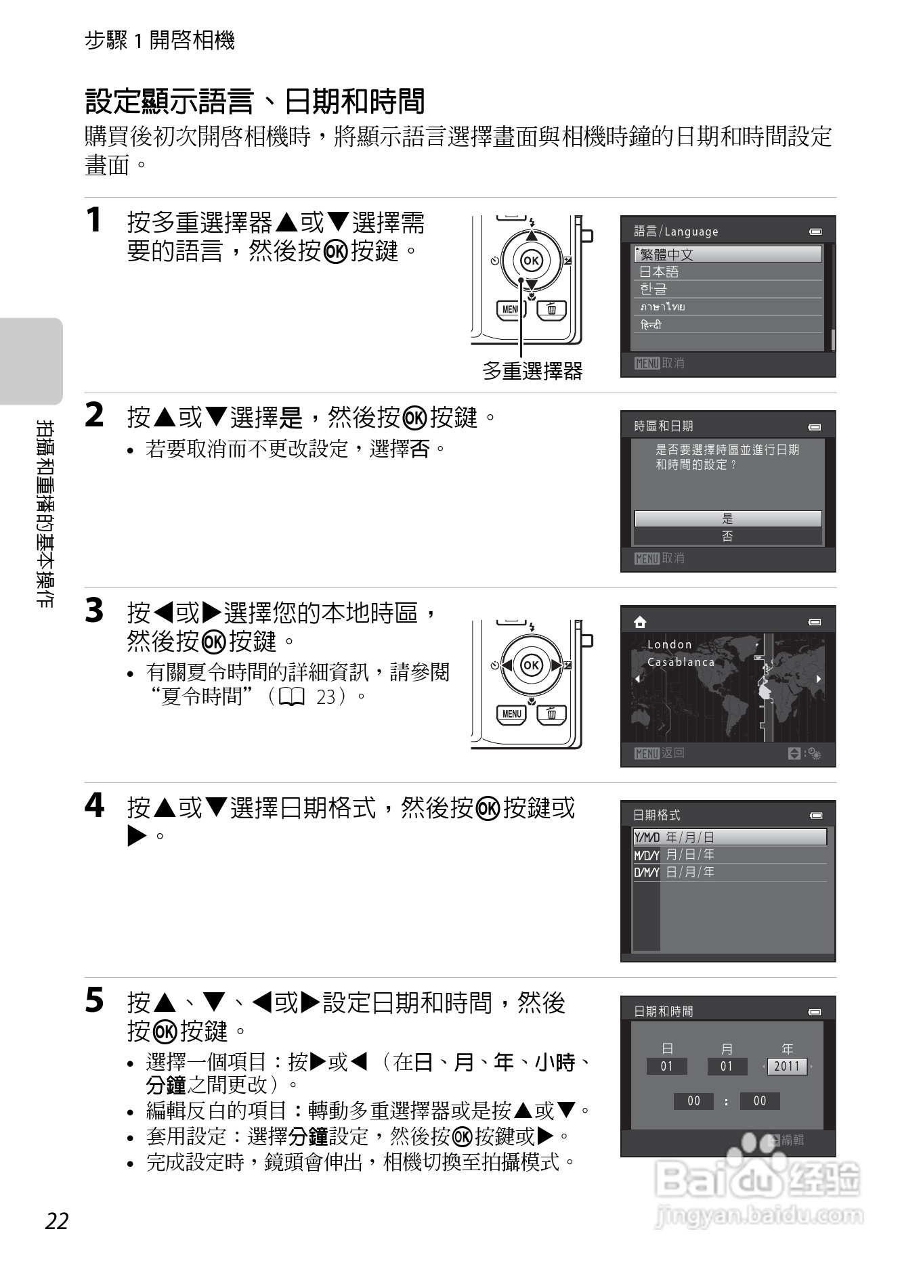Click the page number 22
coord(58,1221)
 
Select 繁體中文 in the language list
coord(727,254)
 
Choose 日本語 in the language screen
coord(727,272)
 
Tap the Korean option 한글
coord(727,289)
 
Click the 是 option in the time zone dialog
coord(727,519)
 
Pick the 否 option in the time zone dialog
coord(727,537)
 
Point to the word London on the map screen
coord(669,644)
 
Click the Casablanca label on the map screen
coord(681,662)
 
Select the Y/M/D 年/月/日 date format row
coord(729,837)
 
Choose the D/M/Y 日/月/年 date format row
coord(729,872)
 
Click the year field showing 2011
coord(787,1067)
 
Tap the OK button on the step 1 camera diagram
coord(532,261)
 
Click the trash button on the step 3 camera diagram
coord(552,713)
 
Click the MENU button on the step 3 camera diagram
coord(511,713)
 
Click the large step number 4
coord(95,805)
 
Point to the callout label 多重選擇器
coord(532,371)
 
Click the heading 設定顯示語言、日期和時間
coord(255,102)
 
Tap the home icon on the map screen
coord(639,622)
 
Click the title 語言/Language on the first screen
coord(675,231)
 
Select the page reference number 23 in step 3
coord(326,696)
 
